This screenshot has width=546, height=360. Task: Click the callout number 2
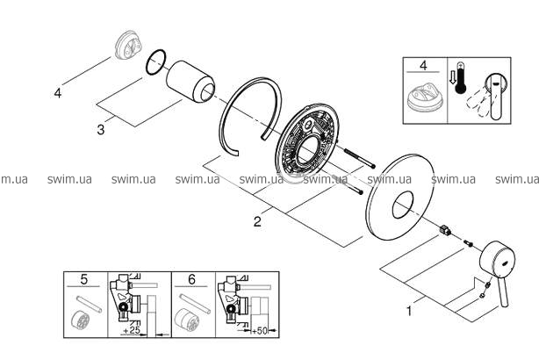257,221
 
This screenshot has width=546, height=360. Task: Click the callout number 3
101,129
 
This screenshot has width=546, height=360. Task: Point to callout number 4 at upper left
58,92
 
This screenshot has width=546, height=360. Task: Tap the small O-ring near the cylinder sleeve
156,61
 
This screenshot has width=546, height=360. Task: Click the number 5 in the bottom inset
84,282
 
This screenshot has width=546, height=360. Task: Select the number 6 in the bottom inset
192,282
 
